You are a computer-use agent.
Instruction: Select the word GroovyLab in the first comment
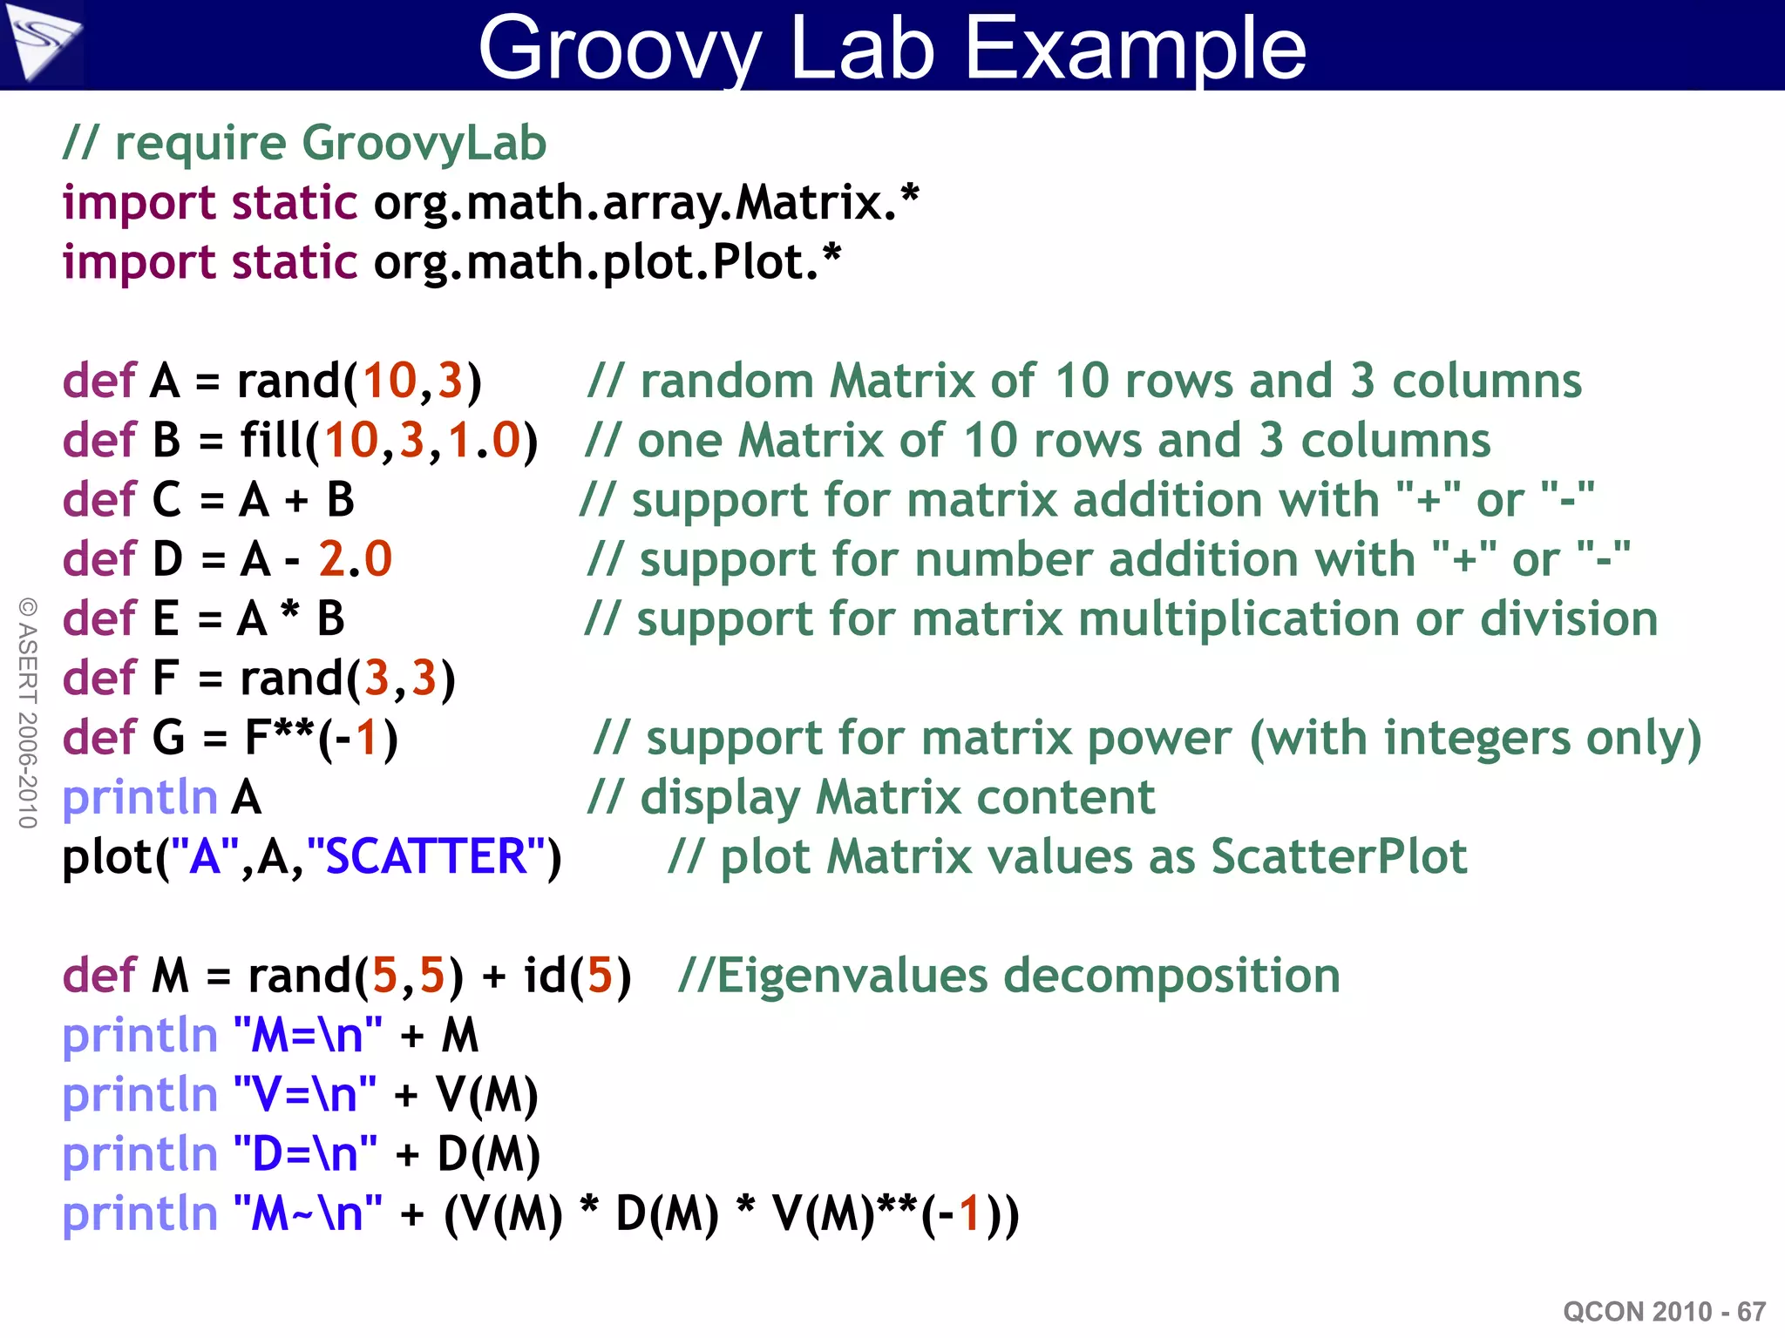coord(424,143)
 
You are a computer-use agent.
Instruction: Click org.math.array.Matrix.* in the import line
coord(646,203)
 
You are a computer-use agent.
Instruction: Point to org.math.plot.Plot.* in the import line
coord(607,262)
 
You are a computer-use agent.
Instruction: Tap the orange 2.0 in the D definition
coord(356,558)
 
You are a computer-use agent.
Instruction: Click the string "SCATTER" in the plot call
coord(427,856)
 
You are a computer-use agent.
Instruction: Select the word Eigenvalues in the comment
coord(852,976)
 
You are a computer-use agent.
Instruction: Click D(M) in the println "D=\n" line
coord(489,1154)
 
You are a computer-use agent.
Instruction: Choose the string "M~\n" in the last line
coord(308,1213)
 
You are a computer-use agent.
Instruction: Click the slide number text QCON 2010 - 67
coord(1664,1311)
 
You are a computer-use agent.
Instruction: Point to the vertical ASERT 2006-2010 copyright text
coord(28,713)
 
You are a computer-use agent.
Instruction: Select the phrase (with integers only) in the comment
coord(1475,738)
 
